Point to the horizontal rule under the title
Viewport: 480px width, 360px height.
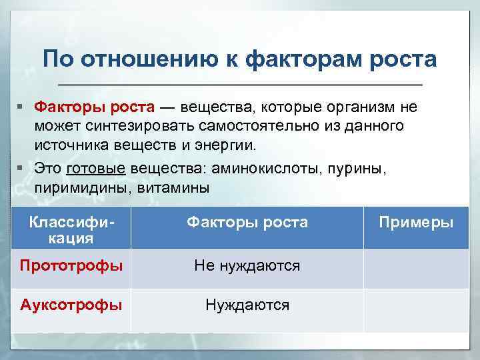pyautogui.click(x=240, y=85)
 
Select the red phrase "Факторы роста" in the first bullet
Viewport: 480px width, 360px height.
pyautogui.click(x=95, y=108)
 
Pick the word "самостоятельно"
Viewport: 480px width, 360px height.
pyautogui.click(x=246, y=126)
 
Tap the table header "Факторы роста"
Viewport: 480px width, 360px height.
pyautogui.click(x=247, y=223)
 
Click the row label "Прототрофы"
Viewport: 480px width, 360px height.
pyautogui.click(x=71, y=266)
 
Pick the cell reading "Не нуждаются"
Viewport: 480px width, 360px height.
pyautogui.click(x=247, y=266)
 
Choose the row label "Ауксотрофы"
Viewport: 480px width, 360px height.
pyautogui.click(x=71, y=305)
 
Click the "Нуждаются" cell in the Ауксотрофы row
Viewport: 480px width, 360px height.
pyautogui.click(x=247, y=305)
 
